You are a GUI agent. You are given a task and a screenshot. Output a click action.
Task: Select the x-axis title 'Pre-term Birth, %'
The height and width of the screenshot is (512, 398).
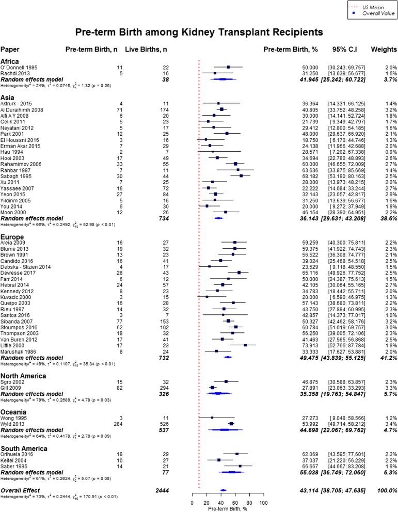click(228, 495)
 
